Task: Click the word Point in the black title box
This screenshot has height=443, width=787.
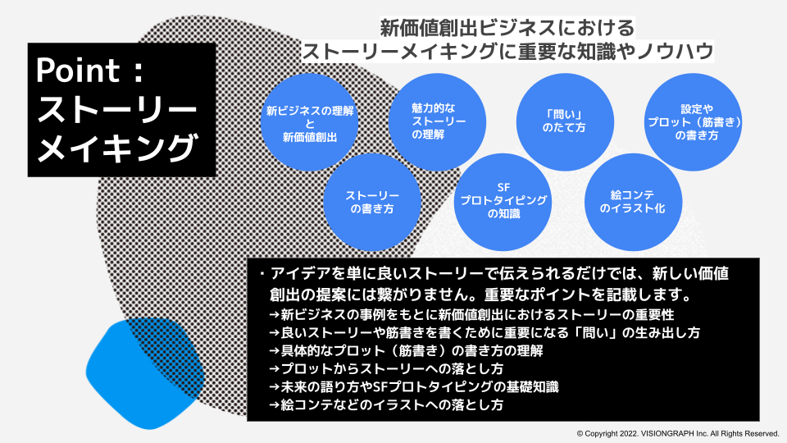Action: [x=78, y=71]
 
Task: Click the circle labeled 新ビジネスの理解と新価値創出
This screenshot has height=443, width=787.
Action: [x=310, y=123]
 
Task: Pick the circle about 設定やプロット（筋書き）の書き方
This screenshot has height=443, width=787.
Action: [x=697, y=121]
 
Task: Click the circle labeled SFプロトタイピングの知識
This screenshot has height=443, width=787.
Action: [x=503, y=200]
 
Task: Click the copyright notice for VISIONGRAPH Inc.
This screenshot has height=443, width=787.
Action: [x=677, y=432]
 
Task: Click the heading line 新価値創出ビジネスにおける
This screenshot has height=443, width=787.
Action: [x=507, y=27]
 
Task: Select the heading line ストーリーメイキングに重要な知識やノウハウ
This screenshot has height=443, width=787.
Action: [x=507, y=51]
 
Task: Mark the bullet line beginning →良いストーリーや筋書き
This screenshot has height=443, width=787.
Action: [x=484, y=332]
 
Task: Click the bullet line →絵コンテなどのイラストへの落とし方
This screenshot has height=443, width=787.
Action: [x=386, y=404]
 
